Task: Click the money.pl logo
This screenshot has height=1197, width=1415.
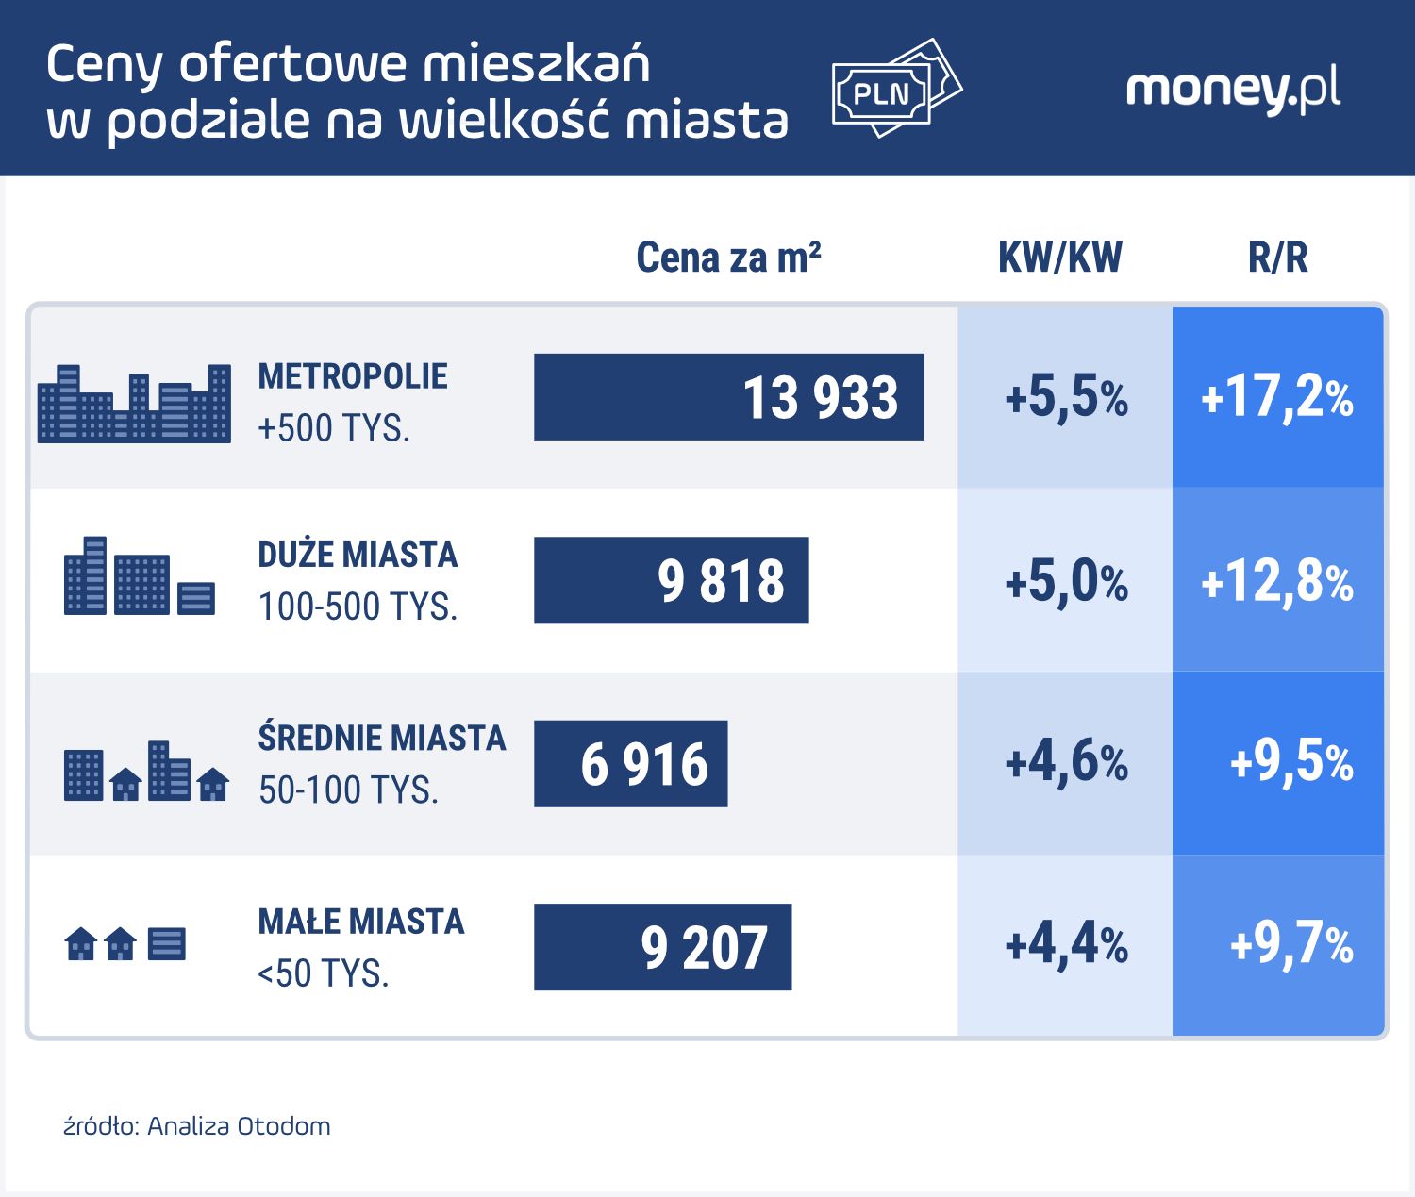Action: pyautogui.click(x=1232, y=90)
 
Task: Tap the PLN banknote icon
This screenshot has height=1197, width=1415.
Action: pyautogui.click(x=894, y=89)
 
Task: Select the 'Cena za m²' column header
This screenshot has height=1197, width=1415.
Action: pyautogui.click(x=728, y=258)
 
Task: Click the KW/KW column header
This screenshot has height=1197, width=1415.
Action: pyautogui.click(x=1060, y=258)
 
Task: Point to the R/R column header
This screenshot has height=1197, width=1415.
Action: pyautogui.click(x=1277, y=258)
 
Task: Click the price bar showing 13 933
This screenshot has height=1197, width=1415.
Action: pyautogui.click(x=728, y=397)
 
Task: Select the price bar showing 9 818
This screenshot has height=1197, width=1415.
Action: pyautogui.click(x=671, y=580)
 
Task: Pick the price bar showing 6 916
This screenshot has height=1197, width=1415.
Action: pyautogui.click(x=630, y=763)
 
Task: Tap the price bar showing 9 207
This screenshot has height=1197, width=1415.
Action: pyautogui.click(x=662, y=947)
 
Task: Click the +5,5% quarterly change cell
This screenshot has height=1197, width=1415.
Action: pyautogui.click(x=1066, y=397)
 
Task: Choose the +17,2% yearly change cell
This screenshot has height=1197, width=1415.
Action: pyautogui.click(x=1277, y=397)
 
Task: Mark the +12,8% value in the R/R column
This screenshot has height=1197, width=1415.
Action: pyautogui.click(x=1277, y=581)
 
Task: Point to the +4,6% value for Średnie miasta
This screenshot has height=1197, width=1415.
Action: pyautogui.click(x=1066, y=763)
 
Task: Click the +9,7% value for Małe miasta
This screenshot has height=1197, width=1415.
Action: pyautogui.click(x=1290, y=944)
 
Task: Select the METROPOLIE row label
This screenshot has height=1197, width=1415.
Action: pyautogui.click(x=353, y=376)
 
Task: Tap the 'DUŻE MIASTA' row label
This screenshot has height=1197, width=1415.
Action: pyautogui.click(x=358, y=555)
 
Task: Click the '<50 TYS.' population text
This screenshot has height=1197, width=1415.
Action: pyautogui.click(x=324, y=973)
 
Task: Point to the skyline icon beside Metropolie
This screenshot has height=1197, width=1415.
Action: pyautogui.click(x=134, y=404)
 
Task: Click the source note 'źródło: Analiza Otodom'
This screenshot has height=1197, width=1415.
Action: pyautogui.click(x=196, y=1126)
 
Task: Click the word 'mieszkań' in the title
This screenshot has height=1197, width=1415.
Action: pyautogui.click(x=536, y=64)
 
